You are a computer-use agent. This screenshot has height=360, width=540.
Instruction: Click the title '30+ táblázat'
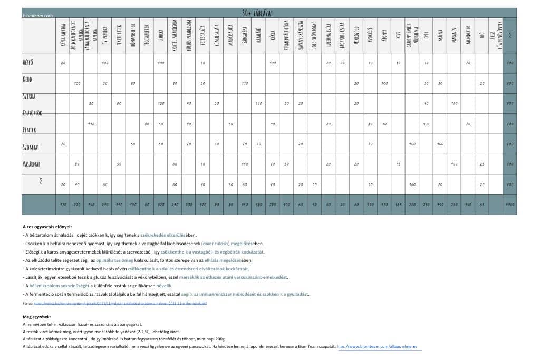[258, 13]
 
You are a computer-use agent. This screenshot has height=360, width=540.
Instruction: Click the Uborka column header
[160, 35]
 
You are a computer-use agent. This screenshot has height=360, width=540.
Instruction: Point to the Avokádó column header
[370, 35]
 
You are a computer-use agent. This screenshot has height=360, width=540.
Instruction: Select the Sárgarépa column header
[244, 35]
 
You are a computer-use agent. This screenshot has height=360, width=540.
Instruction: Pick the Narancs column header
[454, 35]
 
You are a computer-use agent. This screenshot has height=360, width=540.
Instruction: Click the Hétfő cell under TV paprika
[105, 63]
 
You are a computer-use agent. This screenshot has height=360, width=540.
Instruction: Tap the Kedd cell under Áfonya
[384, 83]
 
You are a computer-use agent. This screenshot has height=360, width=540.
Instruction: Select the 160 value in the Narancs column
[454, 103]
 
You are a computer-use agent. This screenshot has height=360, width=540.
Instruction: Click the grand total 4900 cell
[510, 205]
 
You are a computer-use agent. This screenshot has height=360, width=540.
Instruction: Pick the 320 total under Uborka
[160, 205]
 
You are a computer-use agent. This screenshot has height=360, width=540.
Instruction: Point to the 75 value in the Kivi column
[398, 164]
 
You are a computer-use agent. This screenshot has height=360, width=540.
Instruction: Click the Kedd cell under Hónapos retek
[133, 83]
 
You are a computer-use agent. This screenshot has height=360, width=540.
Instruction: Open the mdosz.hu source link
[120, 304]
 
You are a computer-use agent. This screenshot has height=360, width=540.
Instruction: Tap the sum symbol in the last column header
[510, 35]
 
